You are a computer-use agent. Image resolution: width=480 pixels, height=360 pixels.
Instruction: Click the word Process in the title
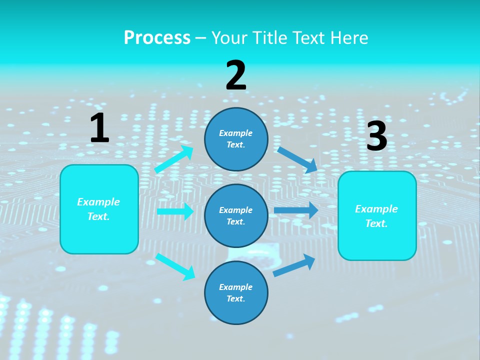(x=157, y=38)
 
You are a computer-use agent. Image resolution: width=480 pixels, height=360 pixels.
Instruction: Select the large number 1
(x=99, y=128)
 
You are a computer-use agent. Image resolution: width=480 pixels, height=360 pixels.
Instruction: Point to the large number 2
(x=236, y=75)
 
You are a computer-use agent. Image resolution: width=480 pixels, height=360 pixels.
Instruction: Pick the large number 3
(x=376, y=136)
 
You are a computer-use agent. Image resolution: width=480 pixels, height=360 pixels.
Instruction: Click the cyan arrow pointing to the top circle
(x=174, y=159)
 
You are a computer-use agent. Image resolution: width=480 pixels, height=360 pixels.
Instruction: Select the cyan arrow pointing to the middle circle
(x=175, y=211)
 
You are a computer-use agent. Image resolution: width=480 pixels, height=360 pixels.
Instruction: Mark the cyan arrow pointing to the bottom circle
(x=175, y=266)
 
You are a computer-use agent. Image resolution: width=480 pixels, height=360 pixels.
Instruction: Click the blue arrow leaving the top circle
(x=297, y=159)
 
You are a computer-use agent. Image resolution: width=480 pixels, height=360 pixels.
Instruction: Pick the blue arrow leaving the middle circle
(x=296, y=210)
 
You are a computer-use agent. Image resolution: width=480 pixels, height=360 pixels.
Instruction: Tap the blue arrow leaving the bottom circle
(x=294, y=265)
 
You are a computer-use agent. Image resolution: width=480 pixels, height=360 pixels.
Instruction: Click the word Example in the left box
(x=98, y=202)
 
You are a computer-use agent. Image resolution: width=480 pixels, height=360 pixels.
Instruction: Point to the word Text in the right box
(x=376, y=223)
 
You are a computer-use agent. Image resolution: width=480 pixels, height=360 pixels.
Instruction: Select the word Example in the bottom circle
(x=235, y=287)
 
